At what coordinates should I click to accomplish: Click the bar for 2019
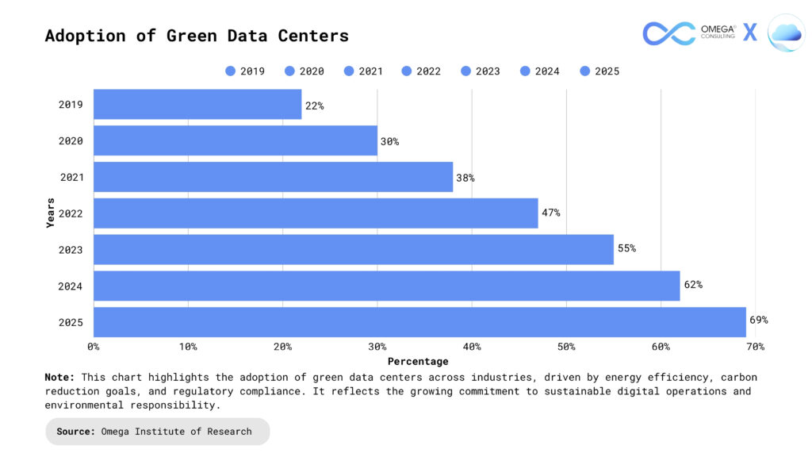(x=197, y=104)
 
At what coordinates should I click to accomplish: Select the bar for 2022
(x=316, y=213)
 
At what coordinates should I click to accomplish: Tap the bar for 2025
(x=419, y=321)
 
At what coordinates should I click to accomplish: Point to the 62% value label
(x=693, y=285)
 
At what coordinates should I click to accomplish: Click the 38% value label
(x=465, y=178)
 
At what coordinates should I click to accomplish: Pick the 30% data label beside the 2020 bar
(x=389, y=141)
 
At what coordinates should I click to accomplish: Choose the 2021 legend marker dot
(x=348, y=71)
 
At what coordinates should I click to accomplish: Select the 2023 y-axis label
(x=71, y=250)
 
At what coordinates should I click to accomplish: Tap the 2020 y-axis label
(x=71, y=141)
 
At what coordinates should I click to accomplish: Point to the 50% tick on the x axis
(x=566, y=347)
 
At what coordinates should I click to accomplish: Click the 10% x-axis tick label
(x=188, y=347)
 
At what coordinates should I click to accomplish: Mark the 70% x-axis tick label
(x=755, y=347)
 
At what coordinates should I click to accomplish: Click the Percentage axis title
(x=418, y=361)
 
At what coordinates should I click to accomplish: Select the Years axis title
(x=51, y=213)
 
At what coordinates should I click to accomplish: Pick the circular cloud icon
(x=786, y=33)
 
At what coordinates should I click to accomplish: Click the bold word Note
(x=59, y=378)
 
